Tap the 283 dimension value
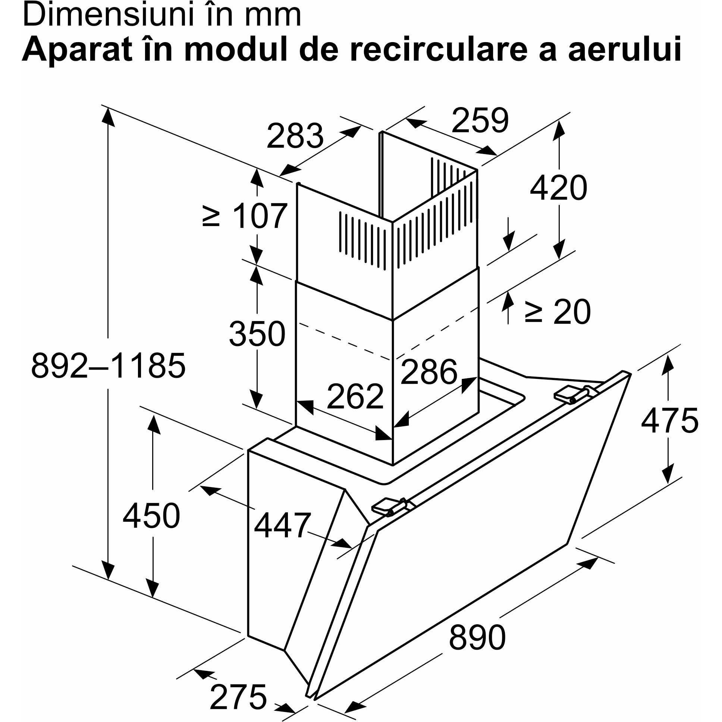[x=295, y=135]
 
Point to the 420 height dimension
[x=558, y=187]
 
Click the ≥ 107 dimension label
[x=245, y=216]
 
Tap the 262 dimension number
[x=355, y=396]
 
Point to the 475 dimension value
[x=669, y=420]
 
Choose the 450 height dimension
[x=151, y=515]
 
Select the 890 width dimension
[x=477, y=637]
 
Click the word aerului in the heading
[x=624, y=49]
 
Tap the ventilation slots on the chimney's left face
[x=362, y=241]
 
